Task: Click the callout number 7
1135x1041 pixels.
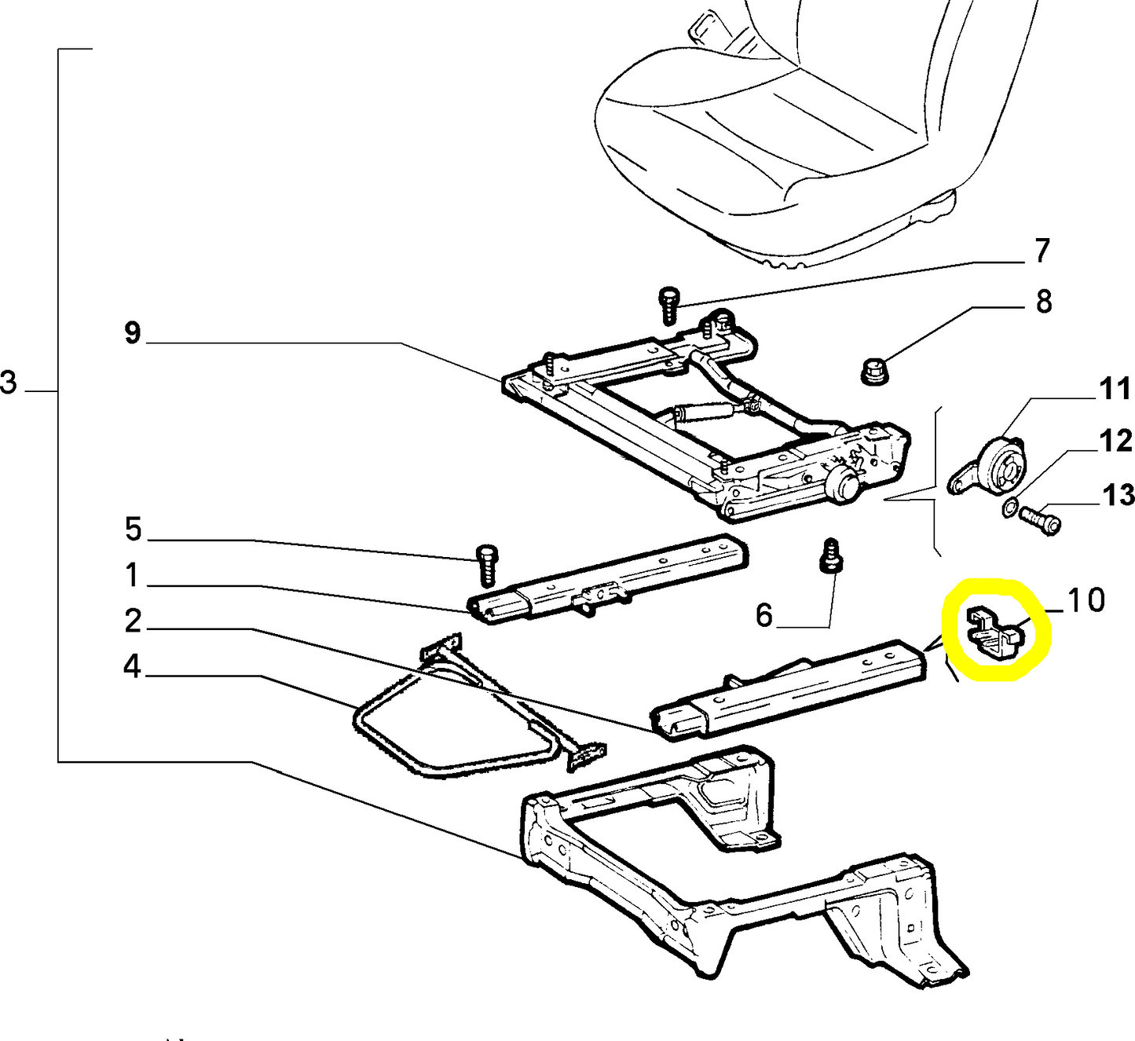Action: [x=1042, y=251]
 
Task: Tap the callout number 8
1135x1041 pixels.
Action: [x=1043, y=302]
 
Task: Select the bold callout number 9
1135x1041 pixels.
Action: [x=133, y=333]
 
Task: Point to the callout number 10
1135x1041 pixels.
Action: [x=1086, y=600]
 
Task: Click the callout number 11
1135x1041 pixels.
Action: [x=1115, y=389]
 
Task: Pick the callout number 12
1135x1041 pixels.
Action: [x=1116, y=441]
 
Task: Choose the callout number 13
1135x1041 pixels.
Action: [x=1118, y=495]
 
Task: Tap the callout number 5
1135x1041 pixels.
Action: [x=133, y=530]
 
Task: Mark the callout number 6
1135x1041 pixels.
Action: [x=764, y=615]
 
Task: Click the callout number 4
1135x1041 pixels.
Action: [x=132, y=667]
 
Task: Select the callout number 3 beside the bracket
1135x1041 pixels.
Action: [x=9, y=383]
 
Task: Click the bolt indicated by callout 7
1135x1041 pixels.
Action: [x=668, y=305]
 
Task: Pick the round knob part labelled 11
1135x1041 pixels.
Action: [x=1001, y=464]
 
